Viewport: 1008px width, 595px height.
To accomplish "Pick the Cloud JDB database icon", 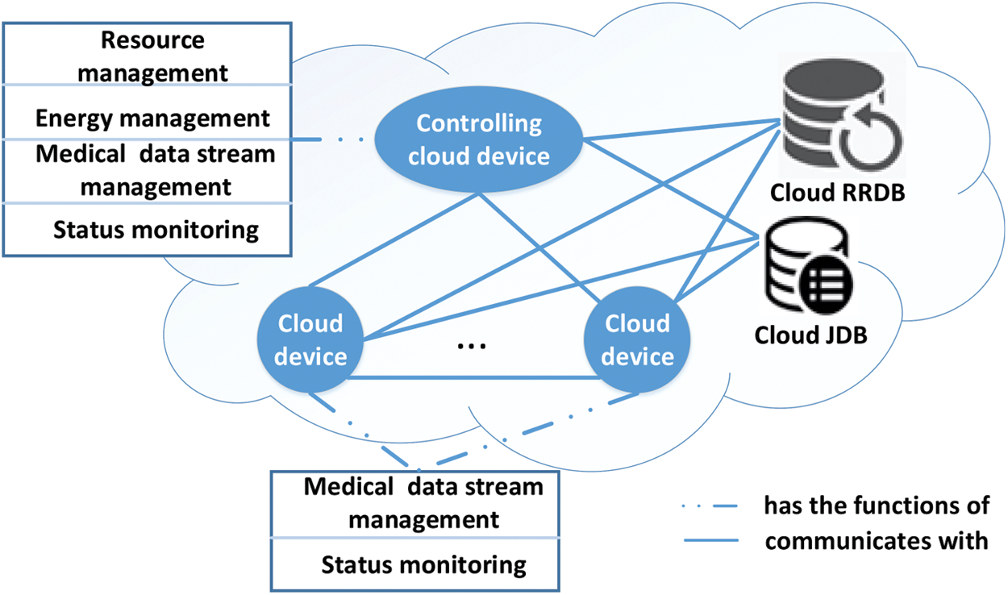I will pos(810,266).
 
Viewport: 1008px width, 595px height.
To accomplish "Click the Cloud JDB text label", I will pos(810,334).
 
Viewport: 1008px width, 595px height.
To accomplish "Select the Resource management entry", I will pos(153,56).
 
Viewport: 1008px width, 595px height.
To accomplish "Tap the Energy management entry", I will pos(153,119).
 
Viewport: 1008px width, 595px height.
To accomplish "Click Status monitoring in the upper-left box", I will pos(156,230).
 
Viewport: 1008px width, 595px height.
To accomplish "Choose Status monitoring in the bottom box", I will pos(424,564).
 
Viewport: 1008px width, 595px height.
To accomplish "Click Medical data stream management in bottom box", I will pos(424,503).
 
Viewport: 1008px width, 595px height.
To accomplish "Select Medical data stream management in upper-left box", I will pos(156,170).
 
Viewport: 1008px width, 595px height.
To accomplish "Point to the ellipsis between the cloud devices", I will pos(471,346).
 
